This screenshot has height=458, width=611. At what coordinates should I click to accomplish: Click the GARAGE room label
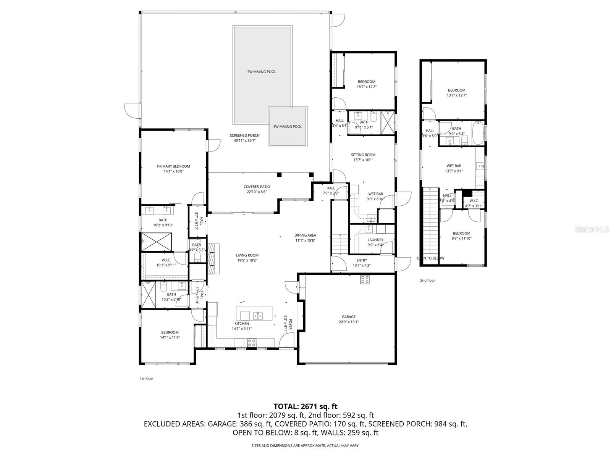[348, 316]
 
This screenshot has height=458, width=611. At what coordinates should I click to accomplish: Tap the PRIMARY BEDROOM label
[173, 166]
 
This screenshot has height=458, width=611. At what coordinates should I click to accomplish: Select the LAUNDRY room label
[375, 240]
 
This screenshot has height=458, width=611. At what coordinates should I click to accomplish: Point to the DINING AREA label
[305, 235]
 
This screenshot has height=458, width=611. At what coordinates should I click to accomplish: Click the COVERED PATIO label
[257, 187]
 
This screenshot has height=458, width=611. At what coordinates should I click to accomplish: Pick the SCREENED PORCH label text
[244, 135]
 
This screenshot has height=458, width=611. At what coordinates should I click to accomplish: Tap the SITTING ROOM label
[363, 155]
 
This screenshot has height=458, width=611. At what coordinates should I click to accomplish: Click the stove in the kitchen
[252, 342]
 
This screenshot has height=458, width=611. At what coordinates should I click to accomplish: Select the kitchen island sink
[258, 315]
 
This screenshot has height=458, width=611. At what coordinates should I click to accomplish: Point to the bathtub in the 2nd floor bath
[478, 133]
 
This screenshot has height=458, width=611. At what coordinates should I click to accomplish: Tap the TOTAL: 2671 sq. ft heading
[305, 406]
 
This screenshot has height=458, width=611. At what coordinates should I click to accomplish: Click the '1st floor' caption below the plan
[146, 379]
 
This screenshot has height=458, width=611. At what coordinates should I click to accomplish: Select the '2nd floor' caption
[427, 280]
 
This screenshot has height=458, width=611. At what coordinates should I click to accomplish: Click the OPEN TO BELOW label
[430, 258]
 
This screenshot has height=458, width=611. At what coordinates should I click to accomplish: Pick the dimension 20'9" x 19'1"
[348, 322]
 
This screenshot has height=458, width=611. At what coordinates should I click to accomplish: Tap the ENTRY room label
[362, 260]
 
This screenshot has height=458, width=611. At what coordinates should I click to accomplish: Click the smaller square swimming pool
[288, 126]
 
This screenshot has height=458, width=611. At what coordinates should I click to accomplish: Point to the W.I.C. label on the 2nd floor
[474, 201]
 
